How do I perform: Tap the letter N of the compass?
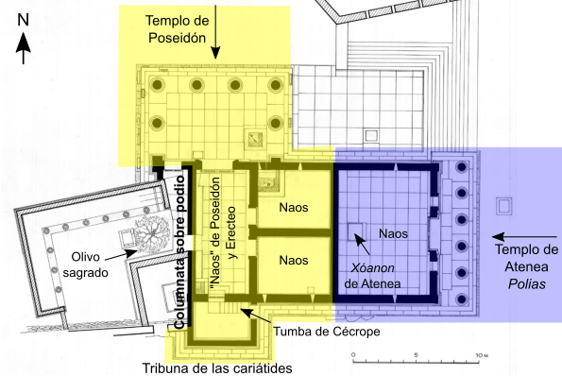pyautogui.click(x=25, y=18)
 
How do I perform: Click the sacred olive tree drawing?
pyautogui.click(x=148, y=228)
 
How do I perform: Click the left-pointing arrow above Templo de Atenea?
pyautogui.click(x=525, y=236)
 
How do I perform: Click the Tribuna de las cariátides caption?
pyautogui.click(x=216, y=367)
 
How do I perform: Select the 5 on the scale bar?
pyautogui.click(x=415, y=355)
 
